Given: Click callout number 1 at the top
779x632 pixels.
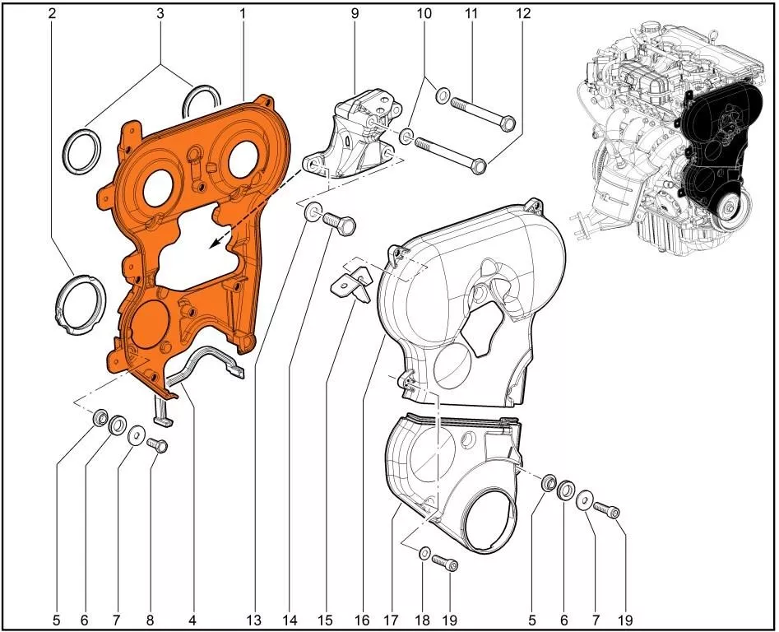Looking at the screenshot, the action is pyautogui.click(x=243, y=13).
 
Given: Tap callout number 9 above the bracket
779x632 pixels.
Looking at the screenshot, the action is pyautogui.click(x=355, y=13).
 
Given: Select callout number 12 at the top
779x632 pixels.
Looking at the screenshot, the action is pyautogui.click(x=523, y=13).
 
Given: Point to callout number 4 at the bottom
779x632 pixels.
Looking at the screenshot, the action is pyautogui.click(x=192, y=620).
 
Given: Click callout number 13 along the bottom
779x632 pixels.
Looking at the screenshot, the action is pyautogui.click(x=253, y=620).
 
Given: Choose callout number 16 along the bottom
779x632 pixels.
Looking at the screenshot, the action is pyautogui.click(x=363, y=620).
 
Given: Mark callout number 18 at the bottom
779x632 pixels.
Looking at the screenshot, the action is pyautogui.click(x=422, y=620).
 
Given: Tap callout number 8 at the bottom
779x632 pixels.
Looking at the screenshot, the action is pyautogui.click(x=150, y=620).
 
